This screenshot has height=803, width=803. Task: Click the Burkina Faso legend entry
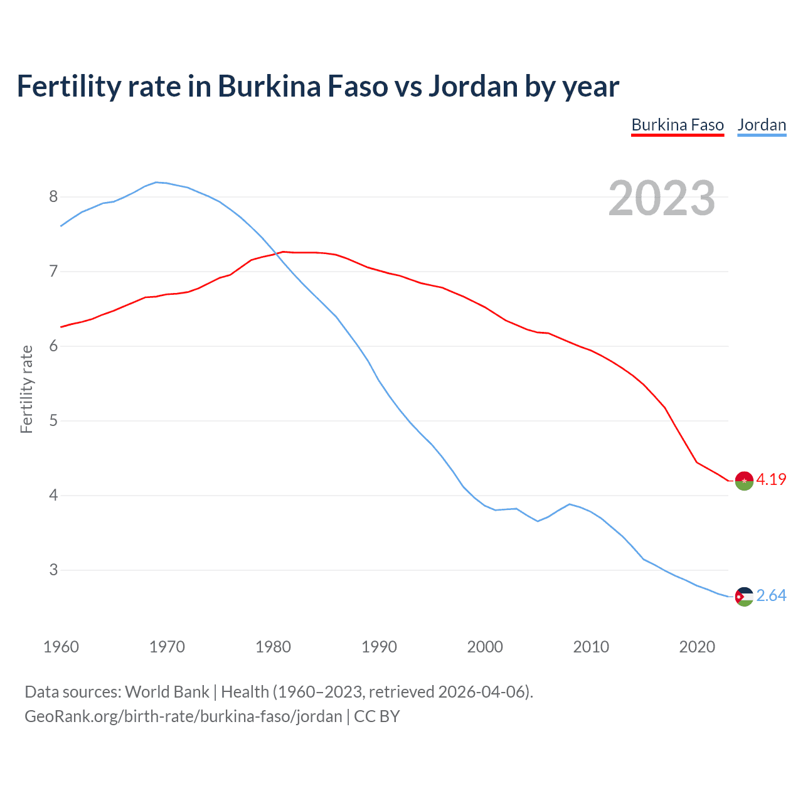click(x=678, y=125)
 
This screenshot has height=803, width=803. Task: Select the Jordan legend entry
click(x=762, y=125)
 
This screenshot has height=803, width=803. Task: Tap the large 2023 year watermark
click(x=662, y=198)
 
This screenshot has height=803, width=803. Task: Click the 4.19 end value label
click(x=771, y=480)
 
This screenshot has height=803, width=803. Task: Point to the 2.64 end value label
click(x=771, y=595)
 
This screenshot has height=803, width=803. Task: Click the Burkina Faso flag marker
click(x=744, y=481)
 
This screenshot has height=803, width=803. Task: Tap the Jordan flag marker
click(x=744, y=596)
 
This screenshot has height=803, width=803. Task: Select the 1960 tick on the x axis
click(x=61, y=647)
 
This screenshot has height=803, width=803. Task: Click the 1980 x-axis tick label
click(x=273, y=647)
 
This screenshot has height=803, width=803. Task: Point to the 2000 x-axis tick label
click(x=485, y=647)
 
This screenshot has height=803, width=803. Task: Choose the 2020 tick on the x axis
click(x=697, y=647)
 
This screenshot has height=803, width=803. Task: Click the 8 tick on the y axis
click(x=53, y=197)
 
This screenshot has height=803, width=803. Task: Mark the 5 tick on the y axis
click(x=53, y=421)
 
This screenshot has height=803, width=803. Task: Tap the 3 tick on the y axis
click(x=53, y=570)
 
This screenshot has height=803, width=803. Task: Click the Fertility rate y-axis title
click(x=26, y=389)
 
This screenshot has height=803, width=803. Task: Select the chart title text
click(x=318, y=87)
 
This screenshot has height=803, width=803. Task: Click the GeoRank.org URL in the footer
click(x=183, y=716)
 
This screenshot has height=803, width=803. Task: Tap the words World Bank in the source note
click(x=167, y=692)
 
